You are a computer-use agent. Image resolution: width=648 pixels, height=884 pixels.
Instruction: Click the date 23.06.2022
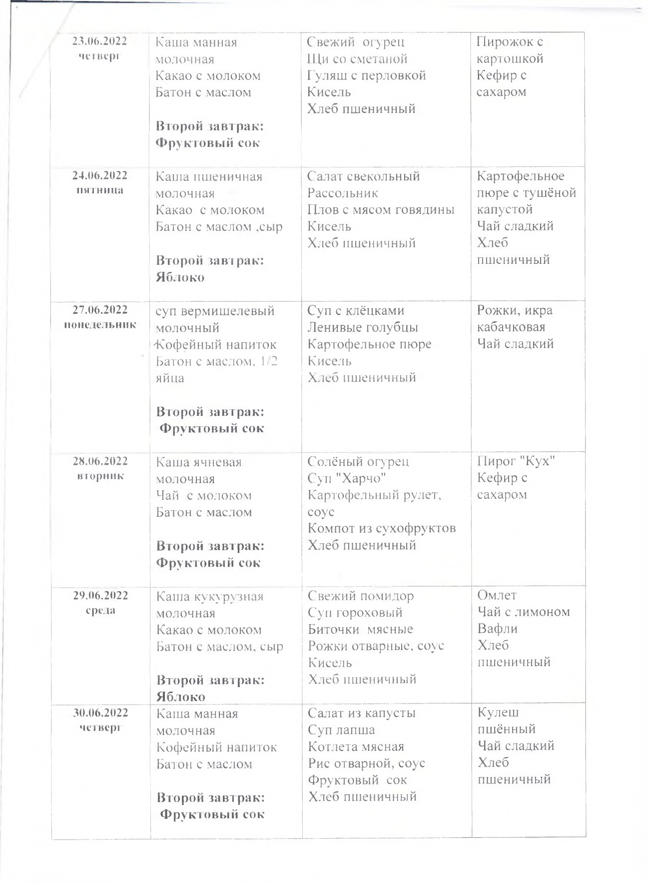coord(100,41)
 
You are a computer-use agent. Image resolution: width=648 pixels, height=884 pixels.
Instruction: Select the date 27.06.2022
coord(100,310)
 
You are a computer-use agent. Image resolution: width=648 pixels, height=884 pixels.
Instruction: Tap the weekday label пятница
coord(100,190)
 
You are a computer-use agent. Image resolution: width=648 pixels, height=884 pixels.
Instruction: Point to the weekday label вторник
coord(100,476)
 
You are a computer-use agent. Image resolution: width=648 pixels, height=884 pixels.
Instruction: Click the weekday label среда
coord(100,610)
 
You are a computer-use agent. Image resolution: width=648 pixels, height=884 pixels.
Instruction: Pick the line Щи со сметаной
coord(357,59)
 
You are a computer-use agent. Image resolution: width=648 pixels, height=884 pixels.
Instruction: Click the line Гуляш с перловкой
coord(366,75)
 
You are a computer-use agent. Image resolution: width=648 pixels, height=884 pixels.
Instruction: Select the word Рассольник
coord(343,193)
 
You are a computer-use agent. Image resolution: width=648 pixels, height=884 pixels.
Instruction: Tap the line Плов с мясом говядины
coord(381,210)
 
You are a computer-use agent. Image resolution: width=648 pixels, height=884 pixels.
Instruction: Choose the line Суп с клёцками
coord(356,310)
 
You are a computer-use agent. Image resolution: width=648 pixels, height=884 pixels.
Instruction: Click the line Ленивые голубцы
coord(363,327)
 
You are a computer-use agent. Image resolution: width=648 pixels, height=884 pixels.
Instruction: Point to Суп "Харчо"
coord(347,478)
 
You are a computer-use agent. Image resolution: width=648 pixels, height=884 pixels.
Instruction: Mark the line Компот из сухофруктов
coord(382,528)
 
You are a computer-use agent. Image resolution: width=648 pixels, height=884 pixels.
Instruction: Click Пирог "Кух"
coord(516,461)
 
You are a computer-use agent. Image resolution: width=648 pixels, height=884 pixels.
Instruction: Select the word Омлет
coord(497,595)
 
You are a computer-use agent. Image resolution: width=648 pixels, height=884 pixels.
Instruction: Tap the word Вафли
coord(498,629)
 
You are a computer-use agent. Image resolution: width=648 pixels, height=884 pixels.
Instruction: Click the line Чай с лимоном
coord(524,612)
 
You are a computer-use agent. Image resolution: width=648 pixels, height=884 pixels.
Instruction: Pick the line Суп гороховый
coord(355,613)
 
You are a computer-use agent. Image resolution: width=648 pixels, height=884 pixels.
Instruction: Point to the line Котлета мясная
coord(356,747)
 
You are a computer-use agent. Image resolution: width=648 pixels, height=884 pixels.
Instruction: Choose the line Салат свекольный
coord(363,176)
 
